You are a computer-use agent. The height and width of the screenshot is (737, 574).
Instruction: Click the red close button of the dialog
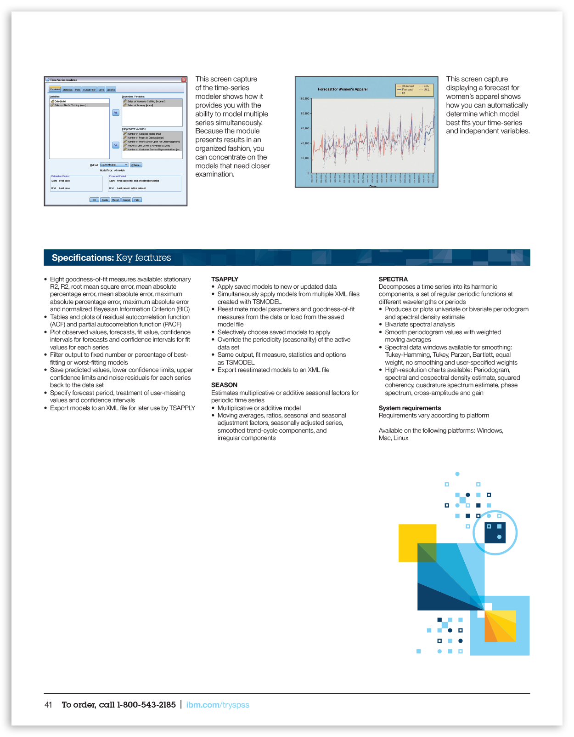[x=184, y=80]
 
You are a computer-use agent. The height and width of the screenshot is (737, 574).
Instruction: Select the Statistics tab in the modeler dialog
[x=68, y=90]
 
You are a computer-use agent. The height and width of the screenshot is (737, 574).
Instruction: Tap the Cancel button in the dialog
[x=126, y=200]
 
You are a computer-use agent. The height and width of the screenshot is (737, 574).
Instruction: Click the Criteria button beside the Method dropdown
[x=136, y=165]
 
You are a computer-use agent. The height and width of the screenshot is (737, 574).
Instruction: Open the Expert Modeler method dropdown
[x=114, y=165]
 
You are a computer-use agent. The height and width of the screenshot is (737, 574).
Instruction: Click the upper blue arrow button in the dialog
[x=116, y=113]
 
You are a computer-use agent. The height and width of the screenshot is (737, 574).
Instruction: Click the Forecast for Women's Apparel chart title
[x=343, y=89]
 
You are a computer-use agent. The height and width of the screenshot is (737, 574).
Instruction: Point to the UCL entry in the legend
[x=426, y=90]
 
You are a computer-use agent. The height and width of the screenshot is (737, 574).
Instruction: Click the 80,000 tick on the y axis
[x=304, y=113]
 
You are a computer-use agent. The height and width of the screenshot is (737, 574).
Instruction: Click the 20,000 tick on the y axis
[x=304, y=158]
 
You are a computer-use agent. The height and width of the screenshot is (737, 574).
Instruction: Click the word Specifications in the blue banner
[x=83, y=258]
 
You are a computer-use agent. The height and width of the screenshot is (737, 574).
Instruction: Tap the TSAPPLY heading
[x=225, y=279]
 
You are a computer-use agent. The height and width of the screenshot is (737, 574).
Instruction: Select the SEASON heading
[x=224, y=385]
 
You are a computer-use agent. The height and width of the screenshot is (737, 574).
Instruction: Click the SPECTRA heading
[x=393, y=279]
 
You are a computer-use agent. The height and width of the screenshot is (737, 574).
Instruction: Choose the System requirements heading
[x=410, y=408]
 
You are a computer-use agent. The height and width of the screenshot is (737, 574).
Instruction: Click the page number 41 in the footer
[x=48, y=705]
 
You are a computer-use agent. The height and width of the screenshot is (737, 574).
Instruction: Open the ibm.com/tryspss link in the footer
[x=218, y=705]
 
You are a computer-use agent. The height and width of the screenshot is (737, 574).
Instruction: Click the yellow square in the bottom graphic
[x=413, y=538]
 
